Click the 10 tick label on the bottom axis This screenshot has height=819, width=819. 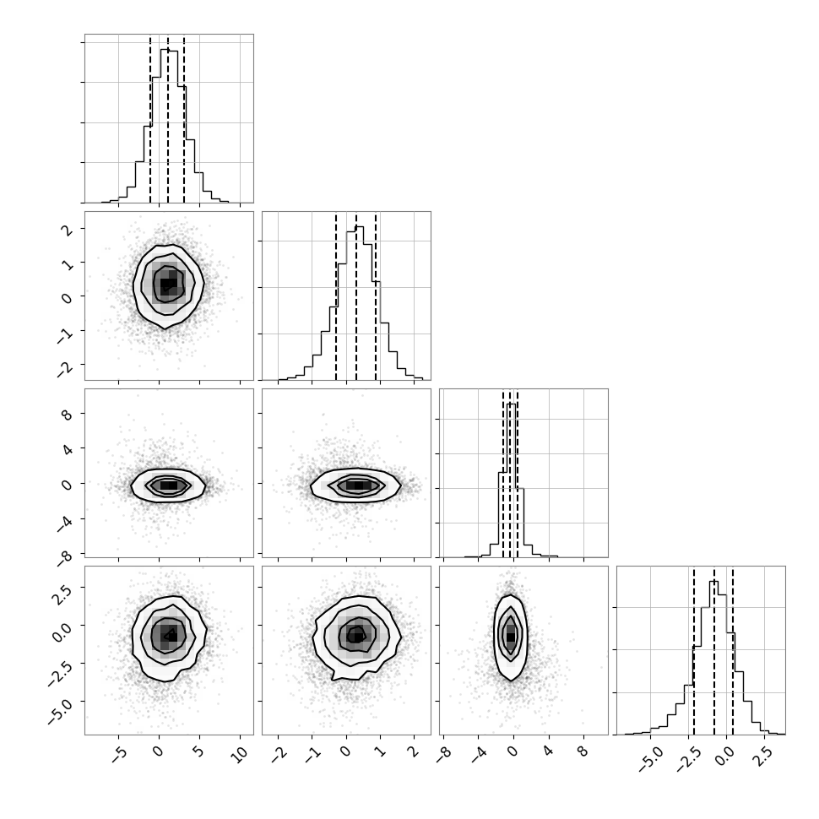click(239, 755)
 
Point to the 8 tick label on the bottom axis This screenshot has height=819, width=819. click(583, 752)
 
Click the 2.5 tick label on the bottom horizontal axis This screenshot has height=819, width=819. click(762, 757)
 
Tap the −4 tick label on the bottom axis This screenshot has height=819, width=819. click(477, 755)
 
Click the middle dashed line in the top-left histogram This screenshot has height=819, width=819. click(168, 120)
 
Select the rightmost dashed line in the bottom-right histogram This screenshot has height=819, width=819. click(733, 651)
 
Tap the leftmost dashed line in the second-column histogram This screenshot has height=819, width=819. click(336, 297)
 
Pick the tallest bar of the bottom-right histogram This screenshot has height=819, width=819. click(713, 658)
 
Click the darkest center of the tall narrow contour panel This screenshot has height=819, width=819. click(511, 637)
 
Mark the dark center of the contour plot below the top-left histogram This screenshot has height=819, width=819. click(168, 284)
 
